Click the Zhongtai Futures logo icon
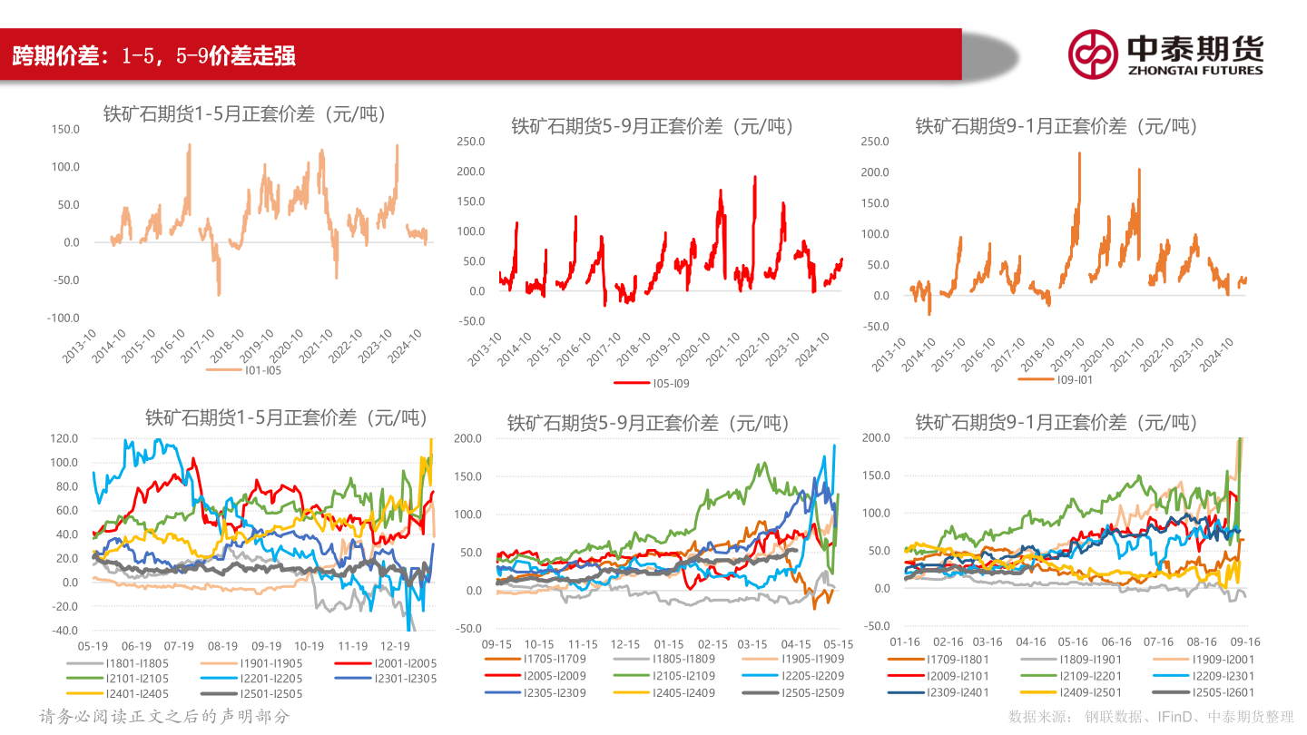click(x=1092, y=54)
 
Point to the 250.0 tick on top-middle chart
click(x=470, y=142)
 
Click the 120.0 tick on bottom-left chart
click(x=63, y=438)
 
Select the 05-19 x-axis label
click(x=93, y=646)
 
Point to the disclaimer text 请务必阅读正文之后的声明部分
click(x=164, y=717)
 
